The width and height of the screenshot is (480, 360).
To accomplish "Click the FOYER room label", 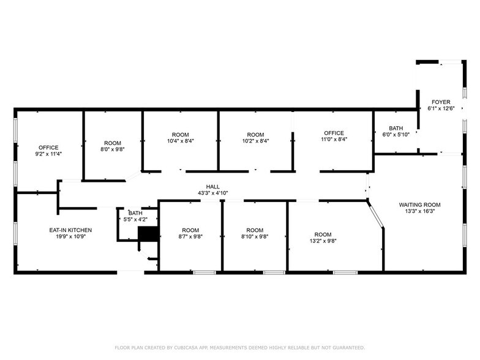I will coord(441,102).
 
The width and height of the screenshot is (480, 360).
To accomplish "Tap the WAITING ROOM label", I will coord(419,204).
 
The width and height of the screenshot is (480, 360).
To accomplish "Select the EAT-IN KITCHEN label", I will coord(70,230).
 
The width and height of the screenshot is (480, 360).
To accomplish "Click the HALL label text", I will coord(212,187).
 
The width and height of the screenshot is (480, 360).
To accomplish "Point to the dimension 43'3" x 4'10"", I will coord(212,193).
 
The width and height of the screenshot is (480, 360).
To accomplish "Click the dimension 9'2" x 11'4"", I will coord(49,154).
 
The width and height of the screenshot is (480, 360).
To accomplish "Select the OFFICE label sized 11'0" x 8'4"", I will coord(334,133).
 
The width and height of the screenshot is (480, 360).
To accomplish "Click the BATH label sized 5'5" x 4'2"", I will coord(135,212).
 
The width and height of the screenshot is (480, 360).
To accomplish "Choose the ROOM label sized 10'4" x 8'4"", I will coord(180,134).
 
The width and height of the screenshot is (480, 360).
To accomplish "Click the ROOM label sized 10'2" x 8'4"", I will coord(255,134).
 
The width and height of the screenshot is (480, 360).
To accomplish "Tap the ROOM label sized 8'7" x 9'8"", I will coord(190,230).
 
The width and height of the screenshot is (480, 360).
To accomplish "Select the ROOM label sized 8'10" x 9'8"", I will coord(255,230).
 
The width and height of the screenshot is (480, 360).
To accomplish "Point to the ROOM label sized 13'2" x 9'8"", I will coord(323,234).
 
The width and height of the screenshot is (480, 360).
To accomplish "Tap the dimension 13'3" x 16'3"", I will coord(419,211).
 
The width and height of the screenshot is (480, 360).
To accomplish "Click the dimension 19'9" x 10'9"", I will coord(70,237).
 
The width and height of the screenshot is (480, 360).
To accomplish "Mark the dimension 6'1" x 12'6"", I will coord(441,109).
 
